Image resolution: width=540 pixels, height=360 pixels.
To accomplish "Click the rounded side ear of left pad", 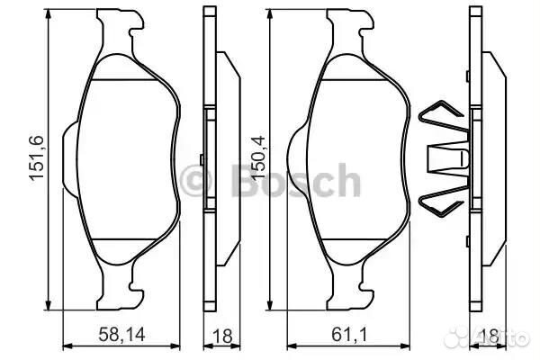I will point(71,157).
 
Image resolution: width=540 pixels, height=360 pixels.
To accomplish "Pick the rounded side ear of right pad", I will point(296,157).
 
